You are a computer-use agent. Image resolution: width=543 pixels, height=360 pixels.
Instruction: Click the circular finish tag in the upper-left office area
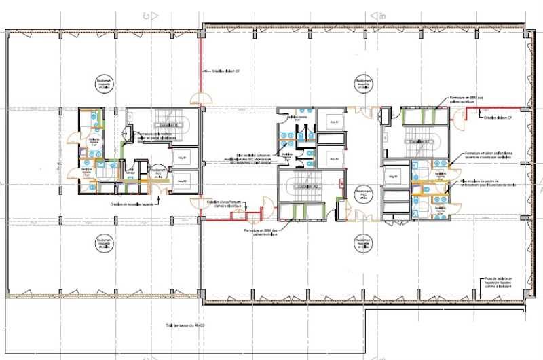click(x=103, y=83)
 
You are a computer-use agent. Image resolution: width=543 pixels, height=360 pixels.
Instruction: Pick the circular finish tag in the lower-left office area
click(x=103, y=242)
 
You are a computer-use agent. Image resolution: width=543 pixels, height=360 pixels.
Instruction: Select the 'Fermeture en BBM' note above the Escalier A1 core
click(x=467, y=99)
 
